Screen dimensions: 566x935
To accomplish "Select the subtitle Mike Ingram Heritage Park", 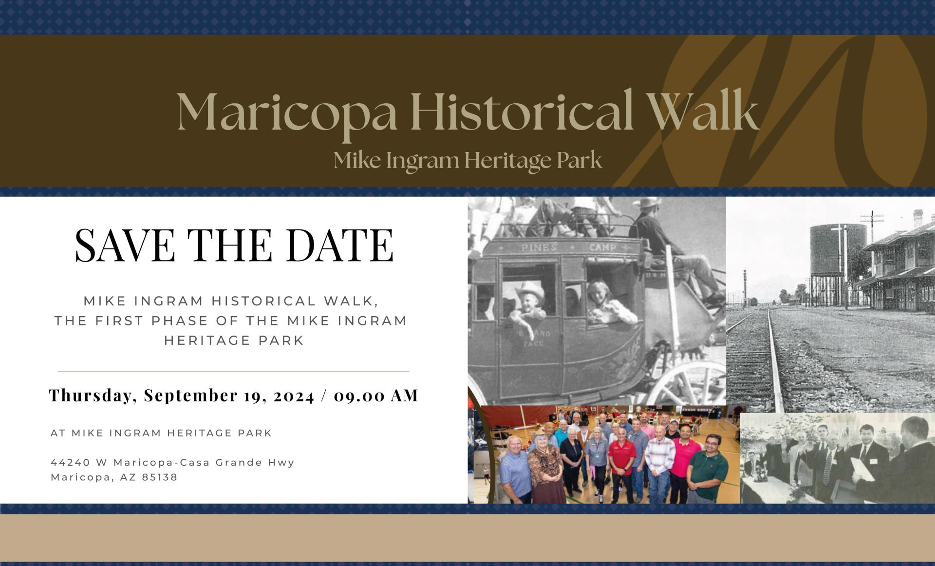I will (467, 160).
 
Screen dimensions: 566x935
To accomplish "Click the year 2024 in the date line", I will (294, 396).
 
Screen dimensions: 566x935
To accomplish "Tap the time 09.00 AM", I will (376, 396).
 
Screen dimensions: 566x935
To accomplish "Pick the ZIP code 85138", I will (160, 477).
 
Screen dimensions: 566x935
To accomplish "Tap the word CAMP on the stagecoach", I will (602, 248).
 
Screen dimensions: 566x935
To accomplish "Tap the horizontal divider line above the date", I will (233, 372).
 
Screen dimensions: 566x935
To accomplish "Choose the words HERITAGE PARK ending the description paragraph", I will (234, 340).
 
